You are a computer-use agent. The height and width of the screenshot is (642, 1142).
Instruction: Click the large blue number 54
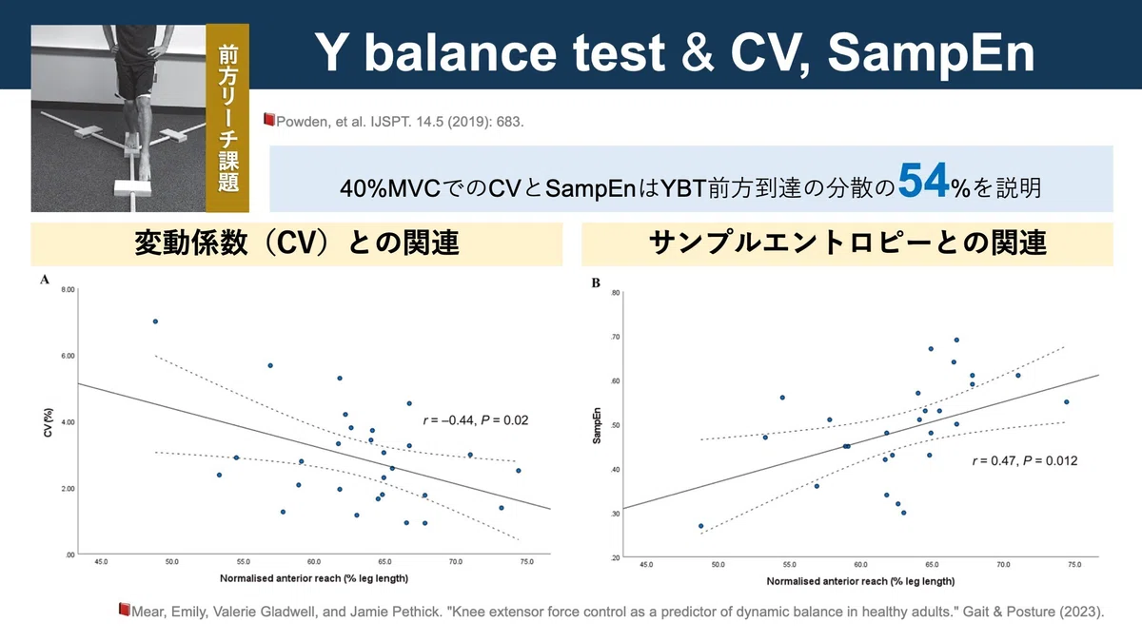(923, 180)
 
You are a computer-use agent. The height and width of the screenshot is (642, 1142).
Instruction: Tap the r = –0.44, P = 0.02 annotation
(476, 420)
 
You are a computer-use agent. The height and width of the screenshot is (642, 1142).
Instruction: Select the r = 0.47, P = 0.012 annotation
(1025, 460)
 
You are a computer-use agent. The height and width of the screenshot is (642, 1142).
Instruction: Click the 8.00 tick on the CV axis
(68, 289)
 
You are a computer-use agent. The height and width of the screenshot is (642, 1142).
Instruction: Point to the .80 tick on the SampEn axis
(616, 293)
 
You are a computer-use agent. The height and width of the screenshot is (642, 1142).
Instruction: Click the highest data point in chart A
(155, 321)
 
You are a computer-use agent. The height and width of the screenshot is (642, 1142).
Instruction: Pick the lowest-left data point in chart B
(701, 526)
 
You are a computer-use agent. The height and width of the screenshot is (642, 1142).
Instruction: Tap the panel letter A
(45, 280)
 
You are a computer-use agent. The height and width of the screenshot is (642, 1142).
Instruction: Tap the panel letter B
(596, 282)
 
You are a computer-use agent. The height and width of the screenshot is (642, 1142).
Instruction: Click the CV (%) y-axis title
(49, 422)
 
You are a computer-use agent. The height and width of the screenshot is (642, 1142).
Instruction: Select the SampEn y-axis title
(597, 425)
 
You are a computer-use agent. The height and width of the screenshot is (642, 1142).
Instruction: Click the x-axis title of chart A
(314, 578)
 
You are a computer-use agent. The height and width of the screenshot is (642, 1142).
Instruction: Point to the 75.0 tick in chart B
(1074, 565)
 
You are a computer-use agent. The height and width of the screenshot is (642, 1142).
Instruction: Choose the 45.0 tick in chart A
(101, 561)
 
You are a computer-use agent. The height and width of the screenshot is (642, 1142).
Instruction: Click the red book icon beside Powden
(269, 120)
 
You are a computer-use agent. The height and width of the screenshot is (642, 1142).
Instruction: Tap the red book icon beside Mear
(125, 609)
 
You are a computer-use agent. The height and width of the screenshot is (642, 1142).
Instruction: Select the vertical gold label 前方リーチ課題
(227, 118)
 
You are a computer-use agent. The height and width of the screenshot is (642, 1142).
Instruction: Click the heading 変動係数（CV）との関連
(297, 243)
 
